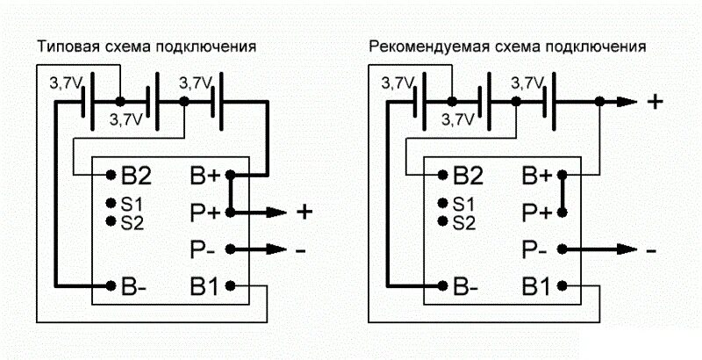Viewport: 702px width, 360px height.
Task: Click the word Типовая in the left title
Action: pyautogui.click(x=65, y=46)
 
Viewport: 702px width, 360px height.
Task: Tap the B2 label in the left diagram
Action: pyautogui.click(x=136, y=175)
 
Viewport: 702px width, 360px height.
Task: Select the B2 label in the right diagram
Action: pyautogui.click(x=467, y=175)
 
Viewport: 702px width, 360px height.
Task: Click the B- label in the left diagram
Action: pyautogui.click(x=135, y=286)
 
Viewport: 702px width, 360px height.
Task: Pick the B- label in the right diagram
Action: pyautogui.click(x=466, y=286)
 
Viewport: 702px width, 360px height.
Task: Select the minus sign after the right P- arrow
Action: pyautogui.click(x=650, y=250)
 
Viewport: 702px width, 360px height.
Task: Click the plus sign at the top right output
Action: pyautogui.click(x=654, y=102)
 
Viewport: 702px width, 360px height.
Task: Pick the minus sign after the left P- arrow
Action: pyautogui.click(x=301, y=250)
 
